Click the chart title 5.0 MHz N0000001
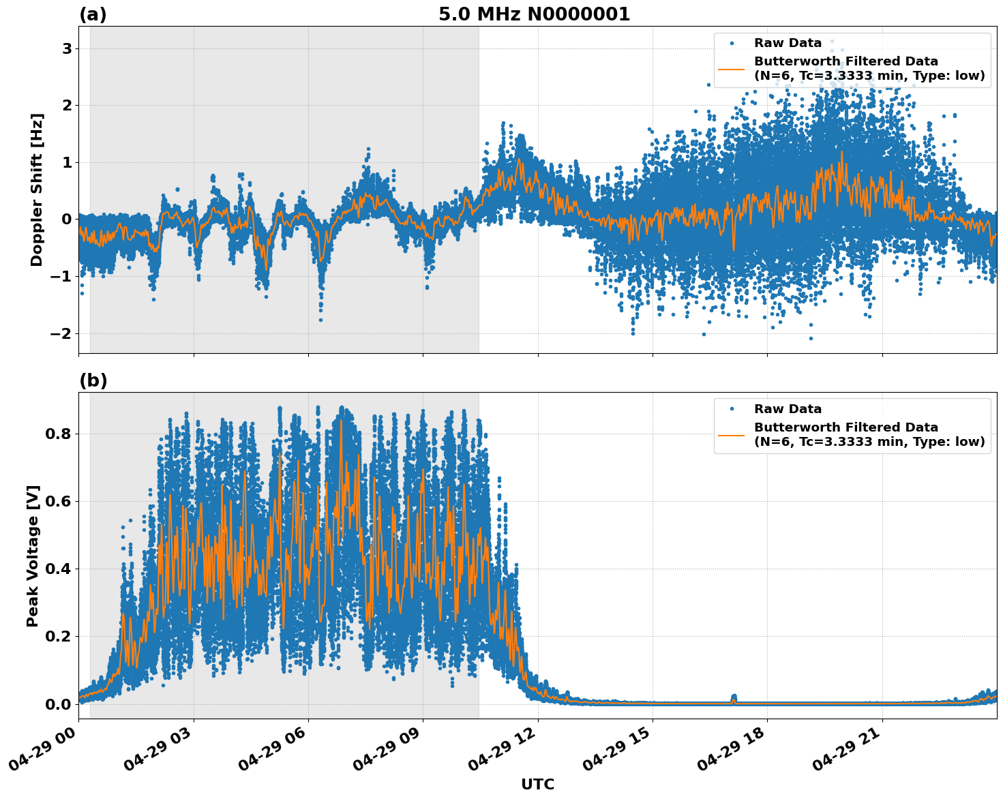point(534,14)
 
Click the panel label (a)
point(93,14)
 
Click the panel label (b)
point(93,380)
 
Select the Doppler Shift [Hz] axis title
point(37,190)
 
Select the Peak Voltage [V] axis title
point(33,556)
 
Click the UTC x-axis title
point(537,784)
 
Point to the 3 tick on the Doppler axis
point(67,48)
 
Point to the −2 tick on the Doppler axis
point(62,333)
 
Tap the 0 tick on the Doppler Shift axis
point(67,219)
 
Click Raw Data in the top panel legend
point(788,43)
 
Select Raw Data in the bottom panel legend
point(788,409)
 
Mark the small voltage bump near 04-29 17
point(734,697)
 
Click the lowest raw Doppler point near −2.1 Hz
point(811,338)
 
